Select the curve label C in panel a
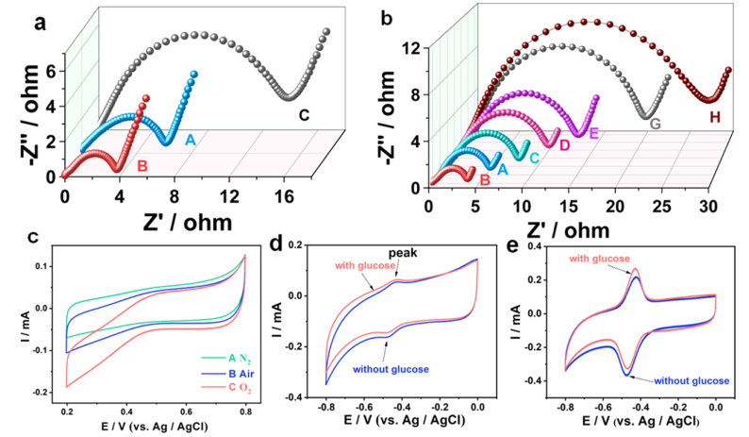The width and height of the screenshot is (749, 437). pyautogui.click(x=305, y=116)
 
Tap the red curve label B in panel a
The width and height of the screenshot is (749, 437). pyautogui.click(x=143, y=169)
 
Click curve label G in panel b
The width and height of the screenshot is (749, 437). pyautogui.click(x=654, y=124)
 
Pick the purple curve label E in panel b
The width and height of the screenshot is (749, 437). pyautogui.click(x=594, y=133)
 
